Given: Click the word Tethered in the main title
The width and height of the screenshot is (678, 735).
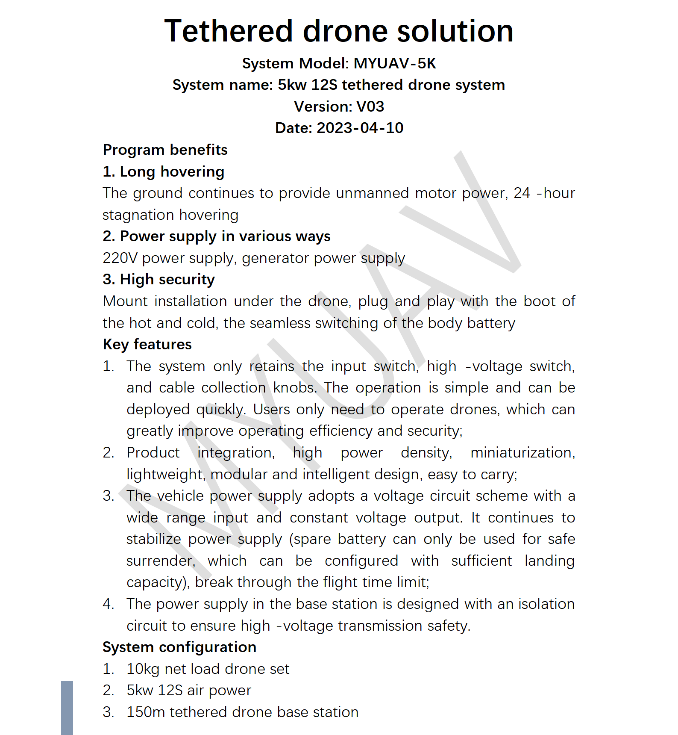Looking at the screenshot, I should (x=229, y=31).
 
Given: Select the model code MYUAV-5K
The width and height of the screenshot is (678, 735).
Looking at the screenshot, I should (x=395, y=63).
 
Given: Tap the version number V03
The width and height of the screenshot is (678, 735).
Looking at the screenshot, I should (x=370, y=106).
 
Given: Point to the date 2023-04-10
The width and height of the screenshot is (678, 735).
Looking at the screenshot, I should (x=360, y=128).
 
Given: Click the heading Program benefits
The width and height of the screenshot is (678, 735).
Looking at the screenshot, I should (x=165, y=150).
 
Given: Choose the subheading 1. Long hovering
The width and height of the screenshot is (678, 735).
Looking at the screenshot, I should (x=163, y=171).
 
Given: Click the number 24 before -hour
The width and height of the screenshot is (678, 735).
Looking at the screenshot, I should (x=522, y=193).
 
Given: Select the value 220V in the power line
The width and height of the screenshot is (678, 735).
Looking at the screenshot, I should (x=120, y=258).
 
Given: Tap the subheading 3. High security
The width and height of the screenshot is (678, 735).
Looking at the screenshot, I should (x=158, y=280).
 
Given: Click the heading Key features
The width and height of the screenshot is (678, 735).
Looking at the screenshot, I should (x=147, y=345).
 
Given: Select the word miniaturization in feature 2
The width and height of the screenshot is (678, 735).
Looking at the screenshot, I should (x=522, y=453).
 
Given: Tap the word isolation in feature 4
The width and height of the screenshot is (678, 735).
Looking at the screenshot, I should (x=546, y=604).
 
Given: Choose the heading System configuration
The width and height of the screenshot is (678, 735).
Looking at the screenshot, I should (x=179, y=647).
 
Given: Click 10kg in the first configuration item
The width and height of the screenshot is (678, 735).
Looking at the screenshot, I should (x=143, y=669).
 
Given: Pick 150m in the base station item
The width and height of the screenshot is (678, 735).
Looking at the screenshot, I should (x=145, y=712).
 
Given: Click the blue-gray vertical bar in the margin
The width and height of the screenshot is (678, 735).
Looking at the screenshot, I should (x=67, y=708).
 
